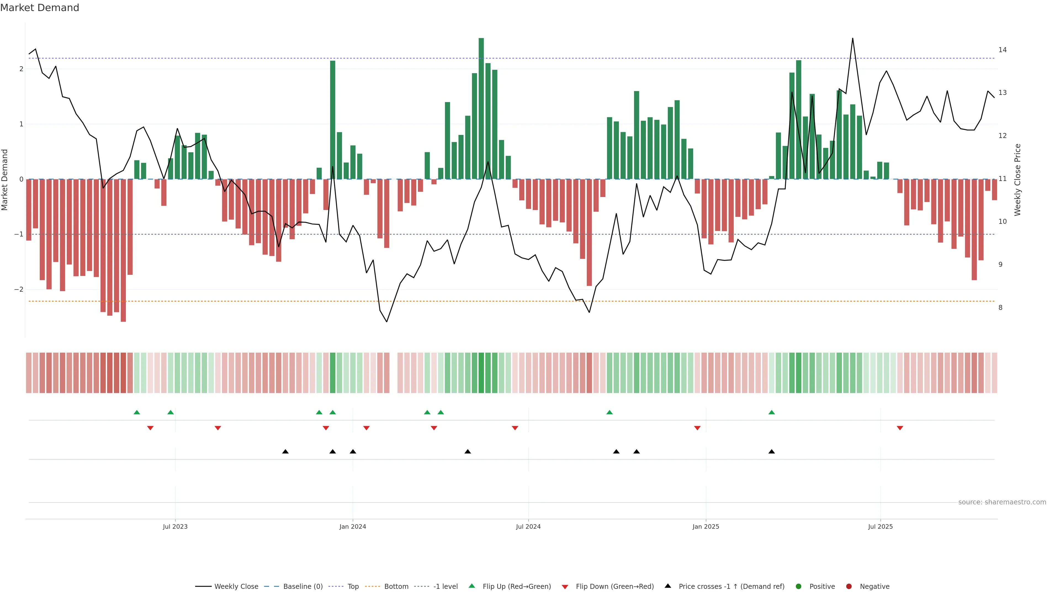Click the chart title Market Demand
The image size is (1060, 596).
pyautogui.click(x=39, y=8)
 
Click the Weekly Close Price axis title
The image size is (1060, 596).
pyautogui.click(x=1017, y=180)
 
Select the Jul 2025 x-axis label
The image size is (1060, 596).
pyautogui.click(x=880, y=526)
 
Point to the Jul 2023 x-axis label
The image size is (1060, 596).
pyautogui.click(x=175, y=526)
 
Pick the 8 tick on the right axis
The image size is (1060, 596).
pyautogui.click(x=1000, y=307)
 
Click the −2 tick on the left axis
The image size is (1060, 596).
pyautogui.click(x=18, y=289)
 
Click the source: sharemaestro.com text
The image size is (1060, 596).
pyautogui.click(x=1002, y=502)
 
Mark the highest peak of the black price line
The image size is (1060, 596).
pyautogui.click(x=852, y=39)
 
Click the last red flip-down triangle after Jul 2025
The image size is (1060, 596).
pyautogui.click(x=900, y=428)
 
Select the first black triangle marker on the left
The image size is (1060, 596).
pyautogui.click(x=285, y=452)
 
